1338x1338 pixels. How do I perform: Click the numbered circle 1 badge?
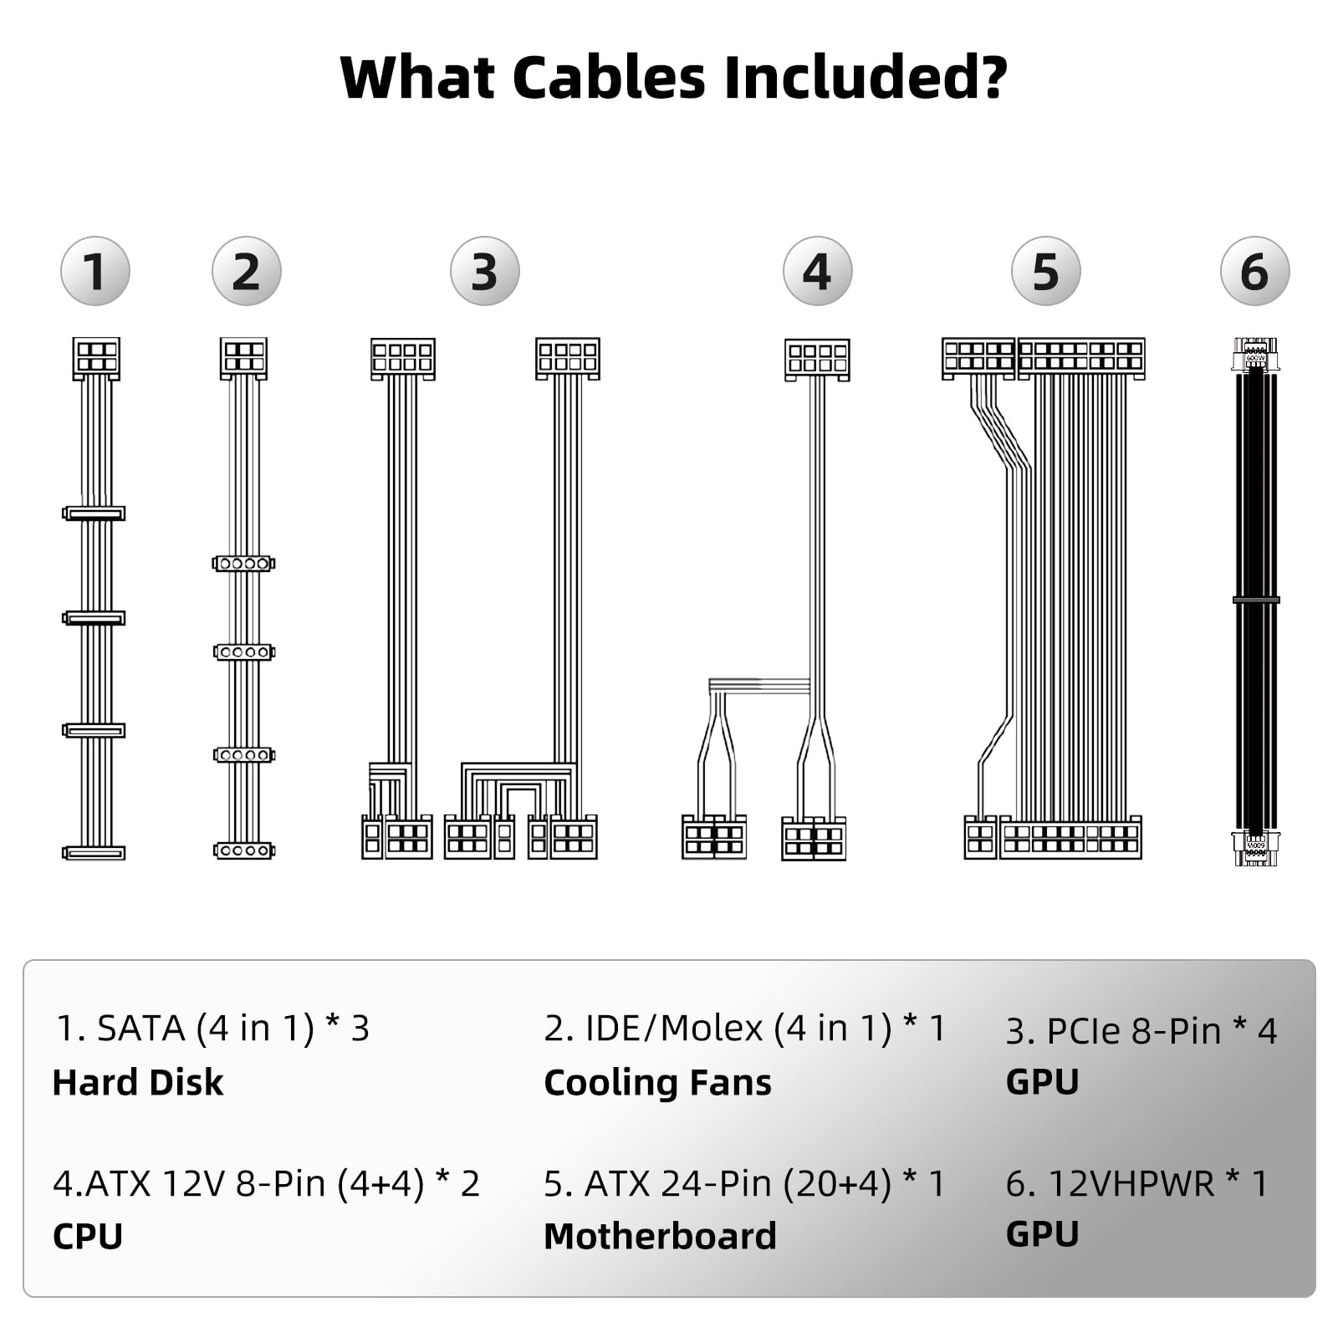[95, 271]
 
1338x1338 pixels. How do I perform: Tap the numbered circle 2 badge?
[247, 271]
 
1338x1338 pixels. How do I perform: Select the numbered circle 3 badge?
[485, 271]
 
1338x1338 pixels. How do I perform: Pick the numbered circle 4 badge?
[817, 271]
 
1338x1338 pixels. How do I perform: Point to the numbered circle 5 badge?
[1045, 271]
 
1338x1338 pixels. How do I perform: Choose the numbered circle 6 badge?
[1254, 271]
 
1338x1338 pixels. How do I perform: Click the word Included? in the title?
[865, 77]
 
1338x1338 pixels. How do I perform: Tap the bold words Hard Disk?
[138, 1082]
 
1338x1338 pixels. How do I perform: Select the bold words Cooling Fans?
[657, 1082]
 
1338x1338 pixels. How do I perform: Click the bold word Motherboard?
[660, 1236]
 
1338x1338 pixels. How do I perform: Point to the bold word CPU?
[88, 1236]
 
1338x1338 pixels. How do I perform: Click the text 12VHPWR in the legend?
[1131, 1183]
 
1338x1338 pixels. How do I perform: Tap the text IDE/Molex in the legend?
[674, 1029]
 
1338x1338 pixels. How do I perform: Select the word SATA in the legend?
[140, 1029]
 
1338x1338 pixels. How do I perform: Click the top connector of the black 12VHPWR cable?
[1255, 355]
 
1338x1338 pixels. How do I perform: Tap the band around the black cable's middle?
[1255, 600]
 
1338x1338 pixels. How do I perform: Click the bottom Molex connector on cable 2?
[243, 850]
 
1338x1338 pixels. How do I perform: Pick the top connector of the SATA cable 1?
[96, 358]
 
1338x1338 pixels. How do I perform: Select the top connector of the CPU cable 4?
[817, 359]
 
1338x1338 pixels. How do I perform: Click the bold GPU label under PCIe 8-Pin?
[1042, 1081]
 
